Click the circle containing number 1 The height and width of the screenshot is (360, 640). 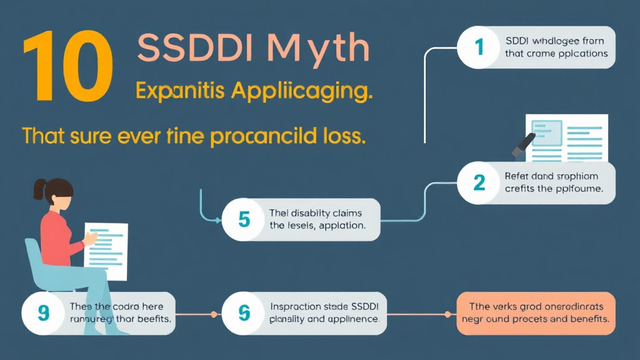tap(479, 47)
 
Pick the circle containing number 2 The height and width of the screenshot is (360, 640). tap(479, 182)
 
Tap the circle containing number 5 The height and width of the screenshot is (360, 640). tap(244, 219)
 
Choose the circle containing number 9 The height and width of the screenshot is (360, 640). tap(43, 312)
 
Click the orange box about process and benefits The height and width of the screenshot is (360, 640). tap(536, 312)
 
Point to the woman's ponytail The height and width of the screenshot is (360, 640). tap(39, 187)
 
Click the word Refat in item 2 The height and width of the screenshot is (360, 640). tap(516, 176)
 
